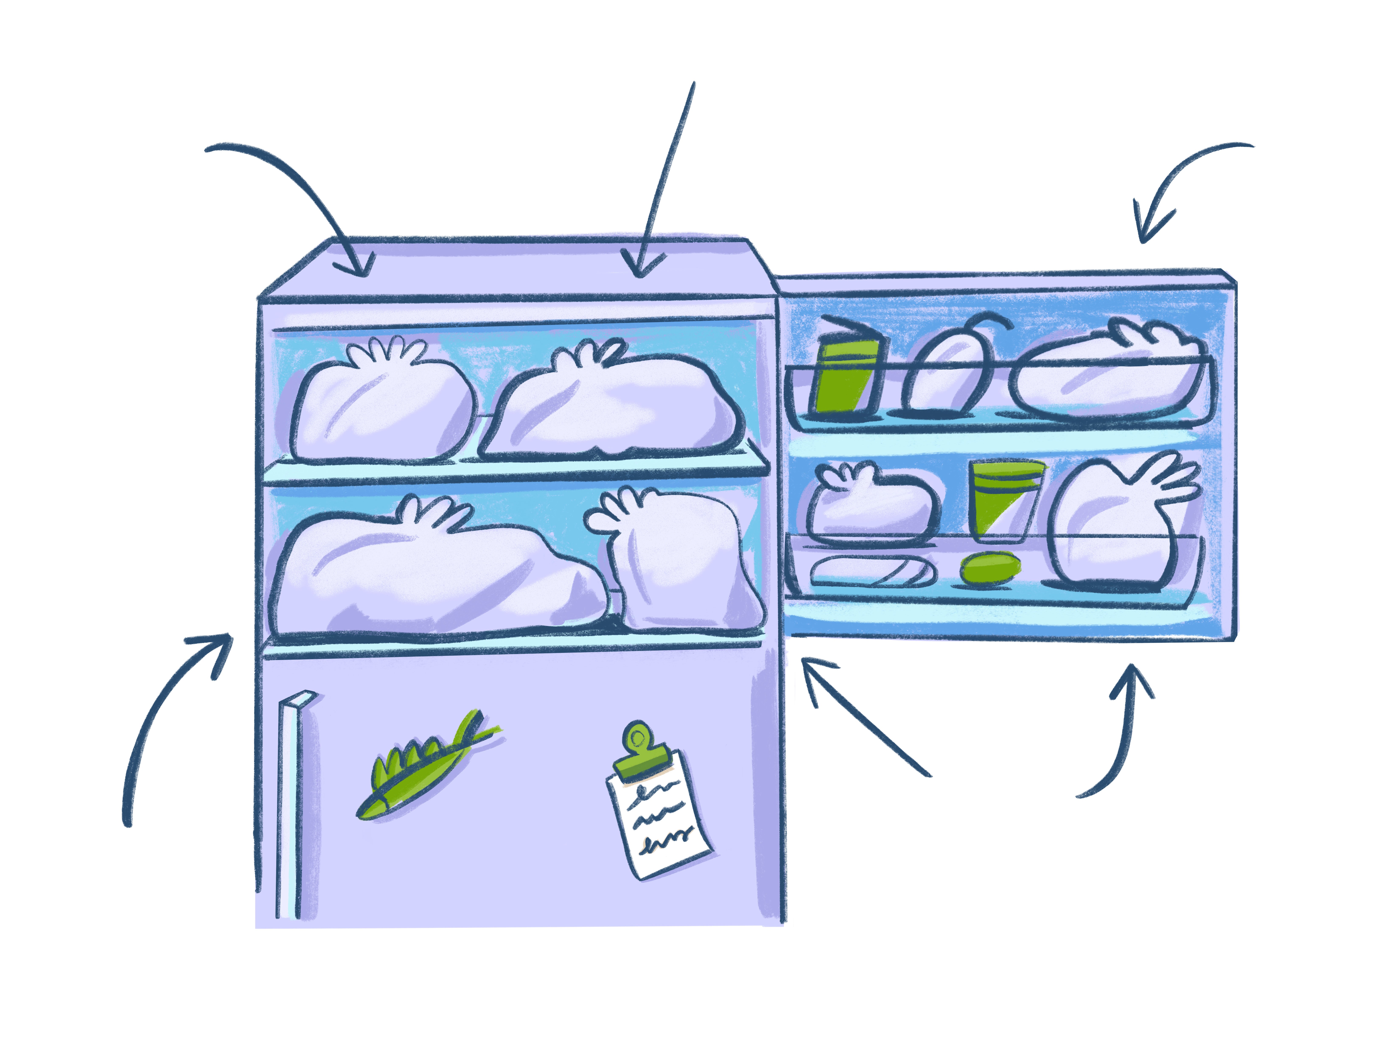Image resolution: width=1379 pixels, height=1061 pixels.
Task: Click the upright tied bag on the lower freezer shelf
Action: pos(679,562)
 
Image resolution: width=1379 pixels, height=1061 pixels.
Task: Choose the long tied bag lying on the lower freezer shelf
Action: pos(429,571)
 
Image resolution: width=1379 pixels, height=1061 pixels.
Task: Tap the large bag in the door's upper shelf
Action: pos(1111,373)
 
